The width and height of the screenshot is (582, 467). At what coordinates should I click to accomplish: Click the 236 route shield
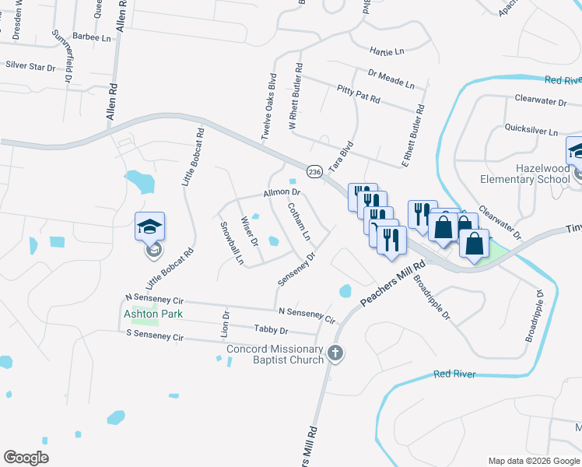(314, 171)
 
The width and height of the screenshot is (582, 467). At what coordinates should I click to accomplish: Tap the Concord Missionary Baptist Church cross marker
(336, 353)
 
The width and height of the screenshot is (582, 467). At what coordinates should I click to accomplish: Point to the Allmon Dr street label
(282, 192)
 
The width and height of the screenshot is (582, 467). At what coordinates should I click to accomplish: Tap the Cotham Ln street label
(300, 221)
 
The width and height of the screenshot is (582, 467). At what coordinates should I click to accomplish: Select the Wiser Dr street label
(249, 230)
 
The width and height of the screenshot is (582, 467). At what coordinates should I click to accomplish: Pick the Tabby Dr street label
(271, 330)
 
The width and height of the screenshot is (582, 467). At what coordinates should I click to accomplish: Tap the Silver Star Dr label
(31, 68)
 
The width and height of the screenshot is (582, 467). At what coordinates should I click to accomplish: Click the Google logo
(26, 458)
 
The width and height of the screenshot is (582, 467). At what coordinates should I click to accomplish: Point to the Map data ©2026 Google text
(533, 461)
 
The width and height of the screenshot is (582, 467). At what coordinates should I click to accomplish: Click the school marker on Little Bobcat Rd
(149, 228)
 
